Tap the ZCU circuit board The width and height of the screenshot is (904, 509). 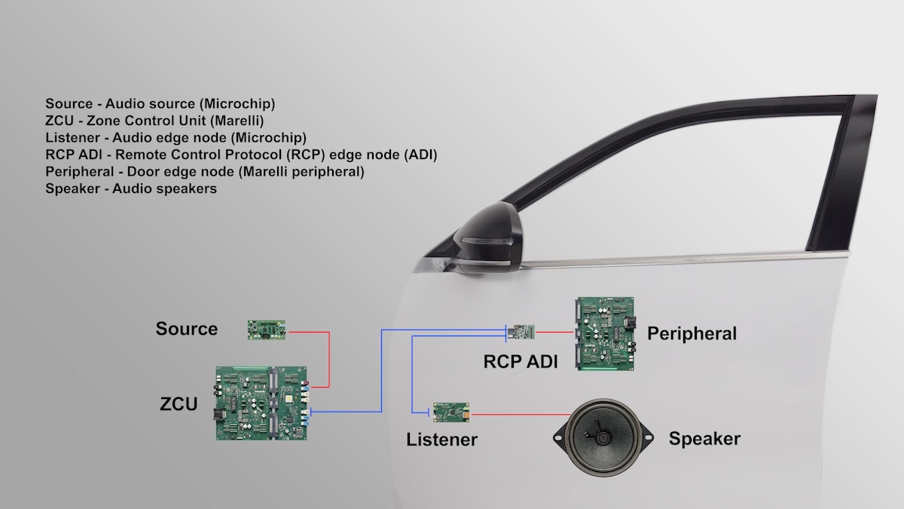tap(262, 403)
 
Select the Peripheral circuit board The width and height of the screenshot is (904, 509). tap(605, 333)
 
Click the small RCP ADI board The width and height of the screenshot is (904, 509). tap(523, 331)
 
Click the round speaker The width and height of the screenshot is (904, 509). tap(603, 437)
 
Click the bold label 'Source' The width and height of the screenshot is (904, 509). tap(187, 329)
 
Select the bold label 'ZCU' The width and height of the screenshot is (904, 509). tap(179, 404)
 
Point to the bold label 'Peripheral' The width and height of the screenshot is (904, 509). tap(692, 333)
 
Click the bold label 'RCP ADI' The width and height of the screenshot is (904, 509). tap(521, 361)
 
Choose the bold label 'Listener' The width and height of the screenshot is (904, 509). tap(441, 439)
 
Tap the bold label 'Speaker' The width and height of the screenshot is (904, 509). tap(704, 438)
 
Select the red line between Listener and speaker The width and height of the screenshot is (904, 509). tap(520, 414)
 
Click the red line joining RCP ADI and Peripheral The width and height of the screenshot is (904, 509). tap(556, 331)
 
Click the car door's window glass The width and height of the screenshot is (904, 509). tap(678, 189)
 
